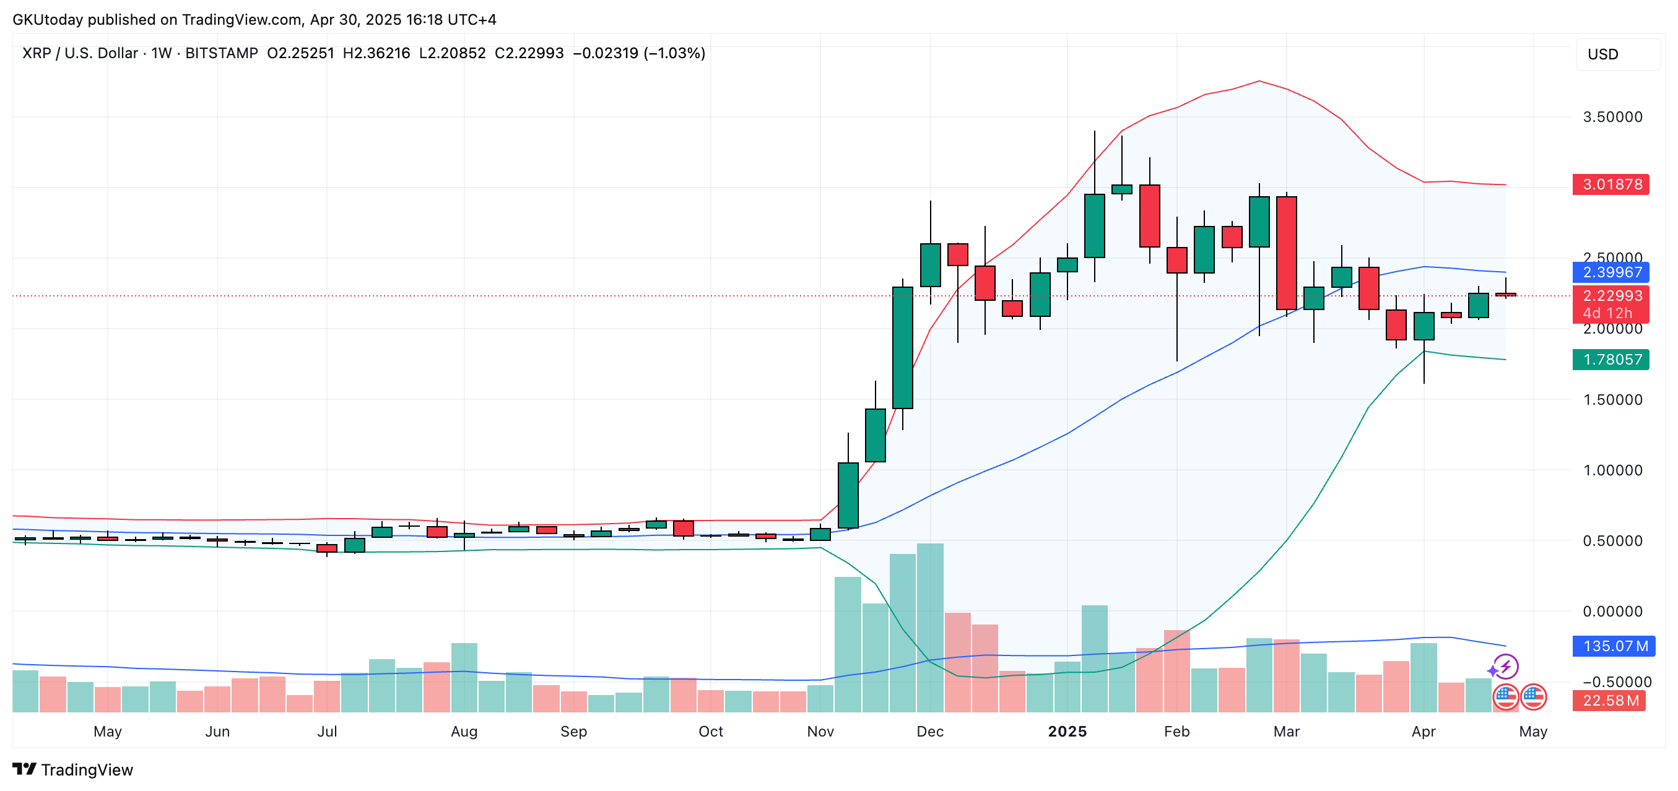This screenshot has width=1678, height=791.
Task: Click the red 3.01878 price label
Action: [1611, 184]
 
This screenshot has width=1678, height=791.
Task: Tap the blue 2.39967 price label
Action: [1611, 272]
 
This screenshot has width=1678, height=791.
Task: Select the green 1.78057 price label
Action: [1611, 360]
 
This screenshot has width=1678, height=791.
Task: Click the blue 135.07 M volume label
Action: [1614, 646]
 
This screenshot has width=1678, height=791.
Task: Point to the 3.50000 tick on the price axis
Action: [1612, 117]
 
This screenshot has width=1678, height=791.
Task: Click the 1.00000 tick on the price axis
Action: [1612, 470]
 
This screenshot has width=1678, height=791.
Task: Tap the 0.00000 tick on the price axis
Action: [1612, 612]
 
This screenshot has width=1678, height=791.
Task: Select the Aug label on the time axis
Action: [464, 731]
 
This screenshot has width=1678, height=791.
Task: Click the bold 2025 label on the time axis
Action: [1067, 731]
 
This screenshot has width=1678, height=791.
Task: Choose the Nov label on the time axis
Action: [820, 731]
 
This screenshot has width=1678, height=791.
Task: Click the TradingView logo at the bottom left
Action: [73, 769]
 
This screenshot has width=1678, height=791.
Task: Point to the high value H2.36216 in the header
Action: [376, 53]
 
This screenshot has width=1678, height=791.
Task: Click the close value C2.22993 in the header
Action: [529, 53]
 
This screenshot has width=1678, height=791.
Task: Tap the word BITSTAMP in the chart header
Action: [222, 53]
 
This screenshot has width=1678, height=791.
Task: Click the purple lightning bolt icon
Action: [1506, 667]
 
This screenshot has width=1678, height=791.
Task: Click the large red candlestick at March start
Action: [1286, 253]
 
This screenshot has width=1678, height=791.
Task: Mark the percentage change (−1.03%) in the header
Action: [674, 53]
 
